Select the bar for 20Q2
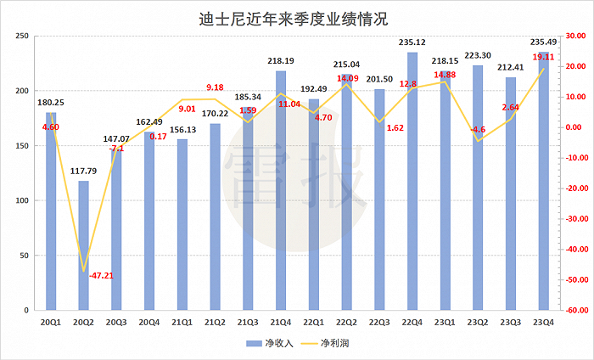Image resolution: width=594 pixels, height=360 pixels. point(83,245)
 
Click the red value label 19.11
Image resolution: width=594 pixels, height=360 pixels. point(543,57)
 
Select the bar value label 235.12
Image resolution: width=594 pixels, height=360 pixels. point(412,42)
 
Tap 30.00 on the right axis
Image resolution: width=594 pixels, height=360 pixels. point(577,37)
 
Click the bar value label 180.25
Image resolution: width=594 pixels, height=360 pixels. point(50,102)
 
